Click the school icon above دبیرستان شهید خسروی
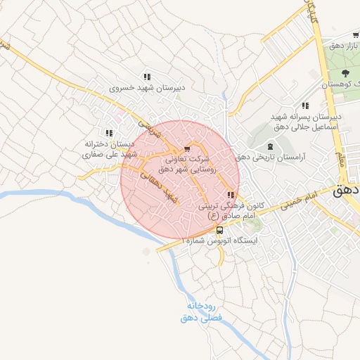[147, 77]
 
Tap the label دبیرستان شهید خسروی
[147, 89]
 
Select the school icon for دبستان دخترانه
[108, 132]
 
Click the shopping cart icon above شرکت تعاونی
[186, 149]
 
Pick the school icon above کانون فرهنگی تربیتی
[231, 195]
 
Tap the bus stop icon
[220, 230]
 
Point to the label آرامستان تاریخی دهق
[280, 158]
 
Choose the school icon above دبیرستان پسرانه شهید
[305, 105]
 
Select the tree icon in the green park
[345, 73]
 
